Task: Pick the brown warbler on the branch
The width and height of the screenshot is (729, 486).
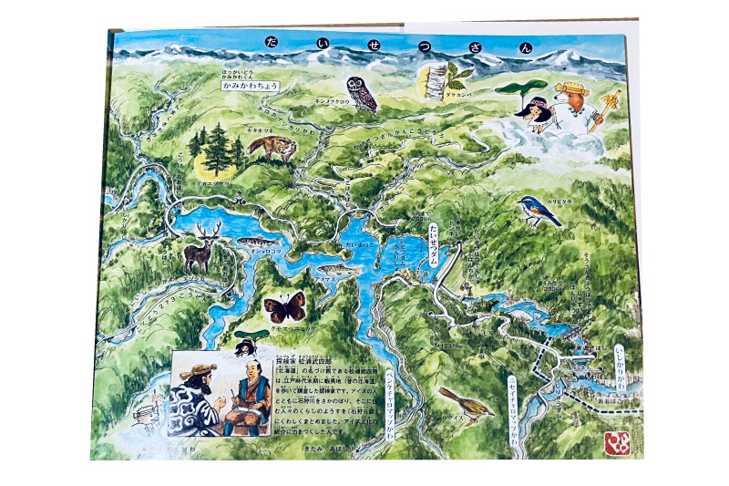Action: click(x=466, y=399)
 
